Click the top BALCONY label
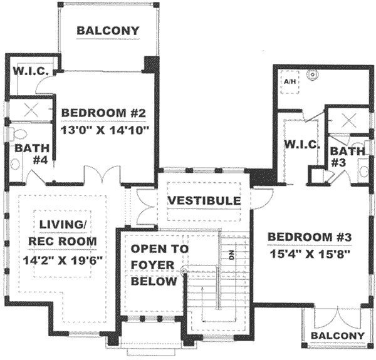108,31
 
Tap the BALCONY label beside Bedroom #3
337,336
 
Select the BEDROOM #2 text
104,113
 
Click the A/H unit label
290,82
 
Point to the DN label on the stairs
230,255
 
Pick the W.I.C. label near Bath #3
303,145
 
